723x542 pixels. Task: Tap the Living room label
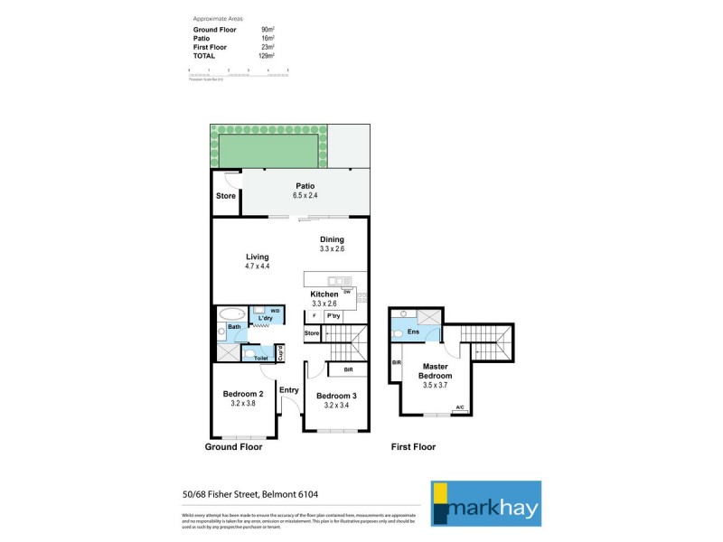tap(258, 257)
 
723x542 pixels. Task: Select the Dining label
tap(332, 239)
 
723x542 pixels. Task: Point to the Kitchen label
tap(324, 294)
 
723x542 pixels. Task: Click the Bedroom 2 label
tap(243, 394)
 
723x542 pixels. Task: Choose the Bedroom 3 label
tap(336, 395)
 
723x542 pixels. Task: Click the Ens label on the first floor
tap(413, 332)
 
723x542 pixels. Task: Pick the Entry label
tap(289, 389)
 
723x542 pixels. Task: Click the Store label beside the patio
tap(226, 196)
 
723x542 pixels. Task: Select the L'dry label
tap(266, 320)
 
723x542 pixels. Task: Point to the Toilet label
tap(261, 359)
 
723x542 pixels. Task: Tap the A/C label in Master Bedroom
tap(460, 407)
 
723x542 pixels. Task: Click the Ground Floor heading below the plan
tap(233, 447)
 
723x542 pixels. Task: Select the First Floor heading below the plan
tap(412, 447)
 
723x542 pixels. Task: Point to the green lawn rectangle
tap(268, 146)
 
